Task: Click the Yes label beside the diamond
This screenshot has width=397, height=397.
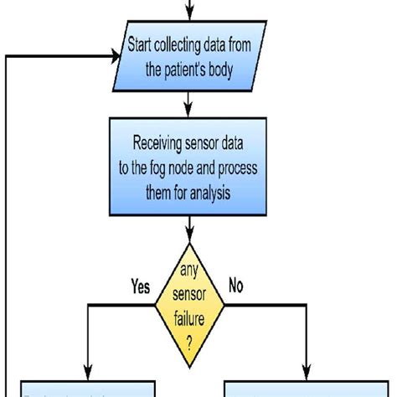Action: pos(141,287)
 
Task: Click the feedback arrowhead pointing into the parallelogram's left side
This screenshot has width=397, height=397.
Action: pos(113,57)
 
